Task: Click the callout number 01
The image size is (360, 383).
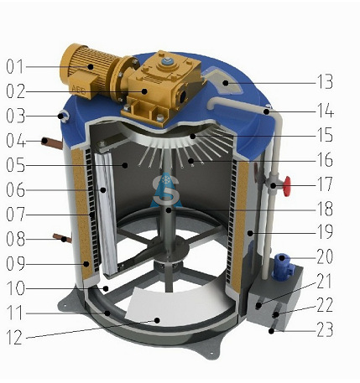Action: pos(15,66)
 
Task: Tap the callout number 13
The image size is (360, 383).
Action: pos(325,82)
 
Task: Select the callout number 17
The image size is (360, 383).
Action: pos(325,184)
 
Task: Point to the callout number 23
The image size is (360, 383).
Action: pos(325,329)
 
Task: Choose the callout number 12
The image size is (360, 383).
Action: pos(14,337)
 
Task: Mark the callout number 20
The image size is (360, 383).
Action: pos(325,257)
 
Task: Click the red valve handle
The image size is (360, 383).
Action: pos(287,186)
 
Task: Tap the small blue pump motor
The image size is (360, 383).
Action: pos(283,266)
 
